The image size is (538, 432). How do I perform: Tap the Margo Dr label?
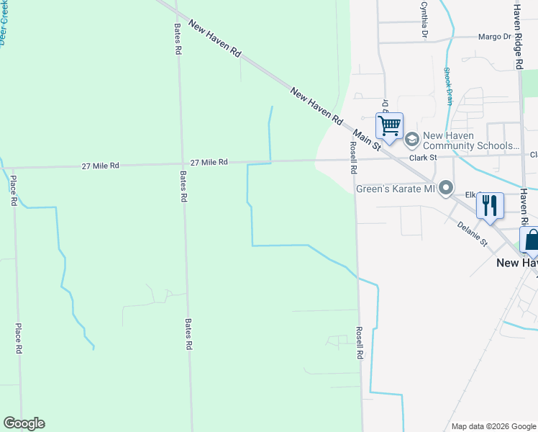click(x=496, y=36)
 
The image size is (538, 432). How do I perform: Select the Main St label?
click(x=367, y=140)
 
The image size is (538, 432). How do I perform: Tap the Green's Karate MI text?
click(x=397, y=189)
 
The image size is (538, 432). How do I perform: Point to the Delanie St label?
click(x=473, y=233)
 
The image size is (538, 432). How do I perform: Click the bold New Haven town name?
click(x=516, y=263)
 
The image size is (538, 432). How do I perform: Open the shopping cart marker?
click(x=389, y=126)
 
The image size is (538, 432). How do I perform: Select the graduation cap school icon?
click(x=412, y=139)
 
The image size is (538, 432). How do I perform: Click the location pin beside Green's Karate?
click(x=446, y=189)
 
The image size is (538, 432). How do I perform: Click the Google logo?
click(x=24, y=423)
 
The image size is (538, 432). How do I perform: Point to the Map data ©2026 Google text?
click(x=493, y=426)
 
